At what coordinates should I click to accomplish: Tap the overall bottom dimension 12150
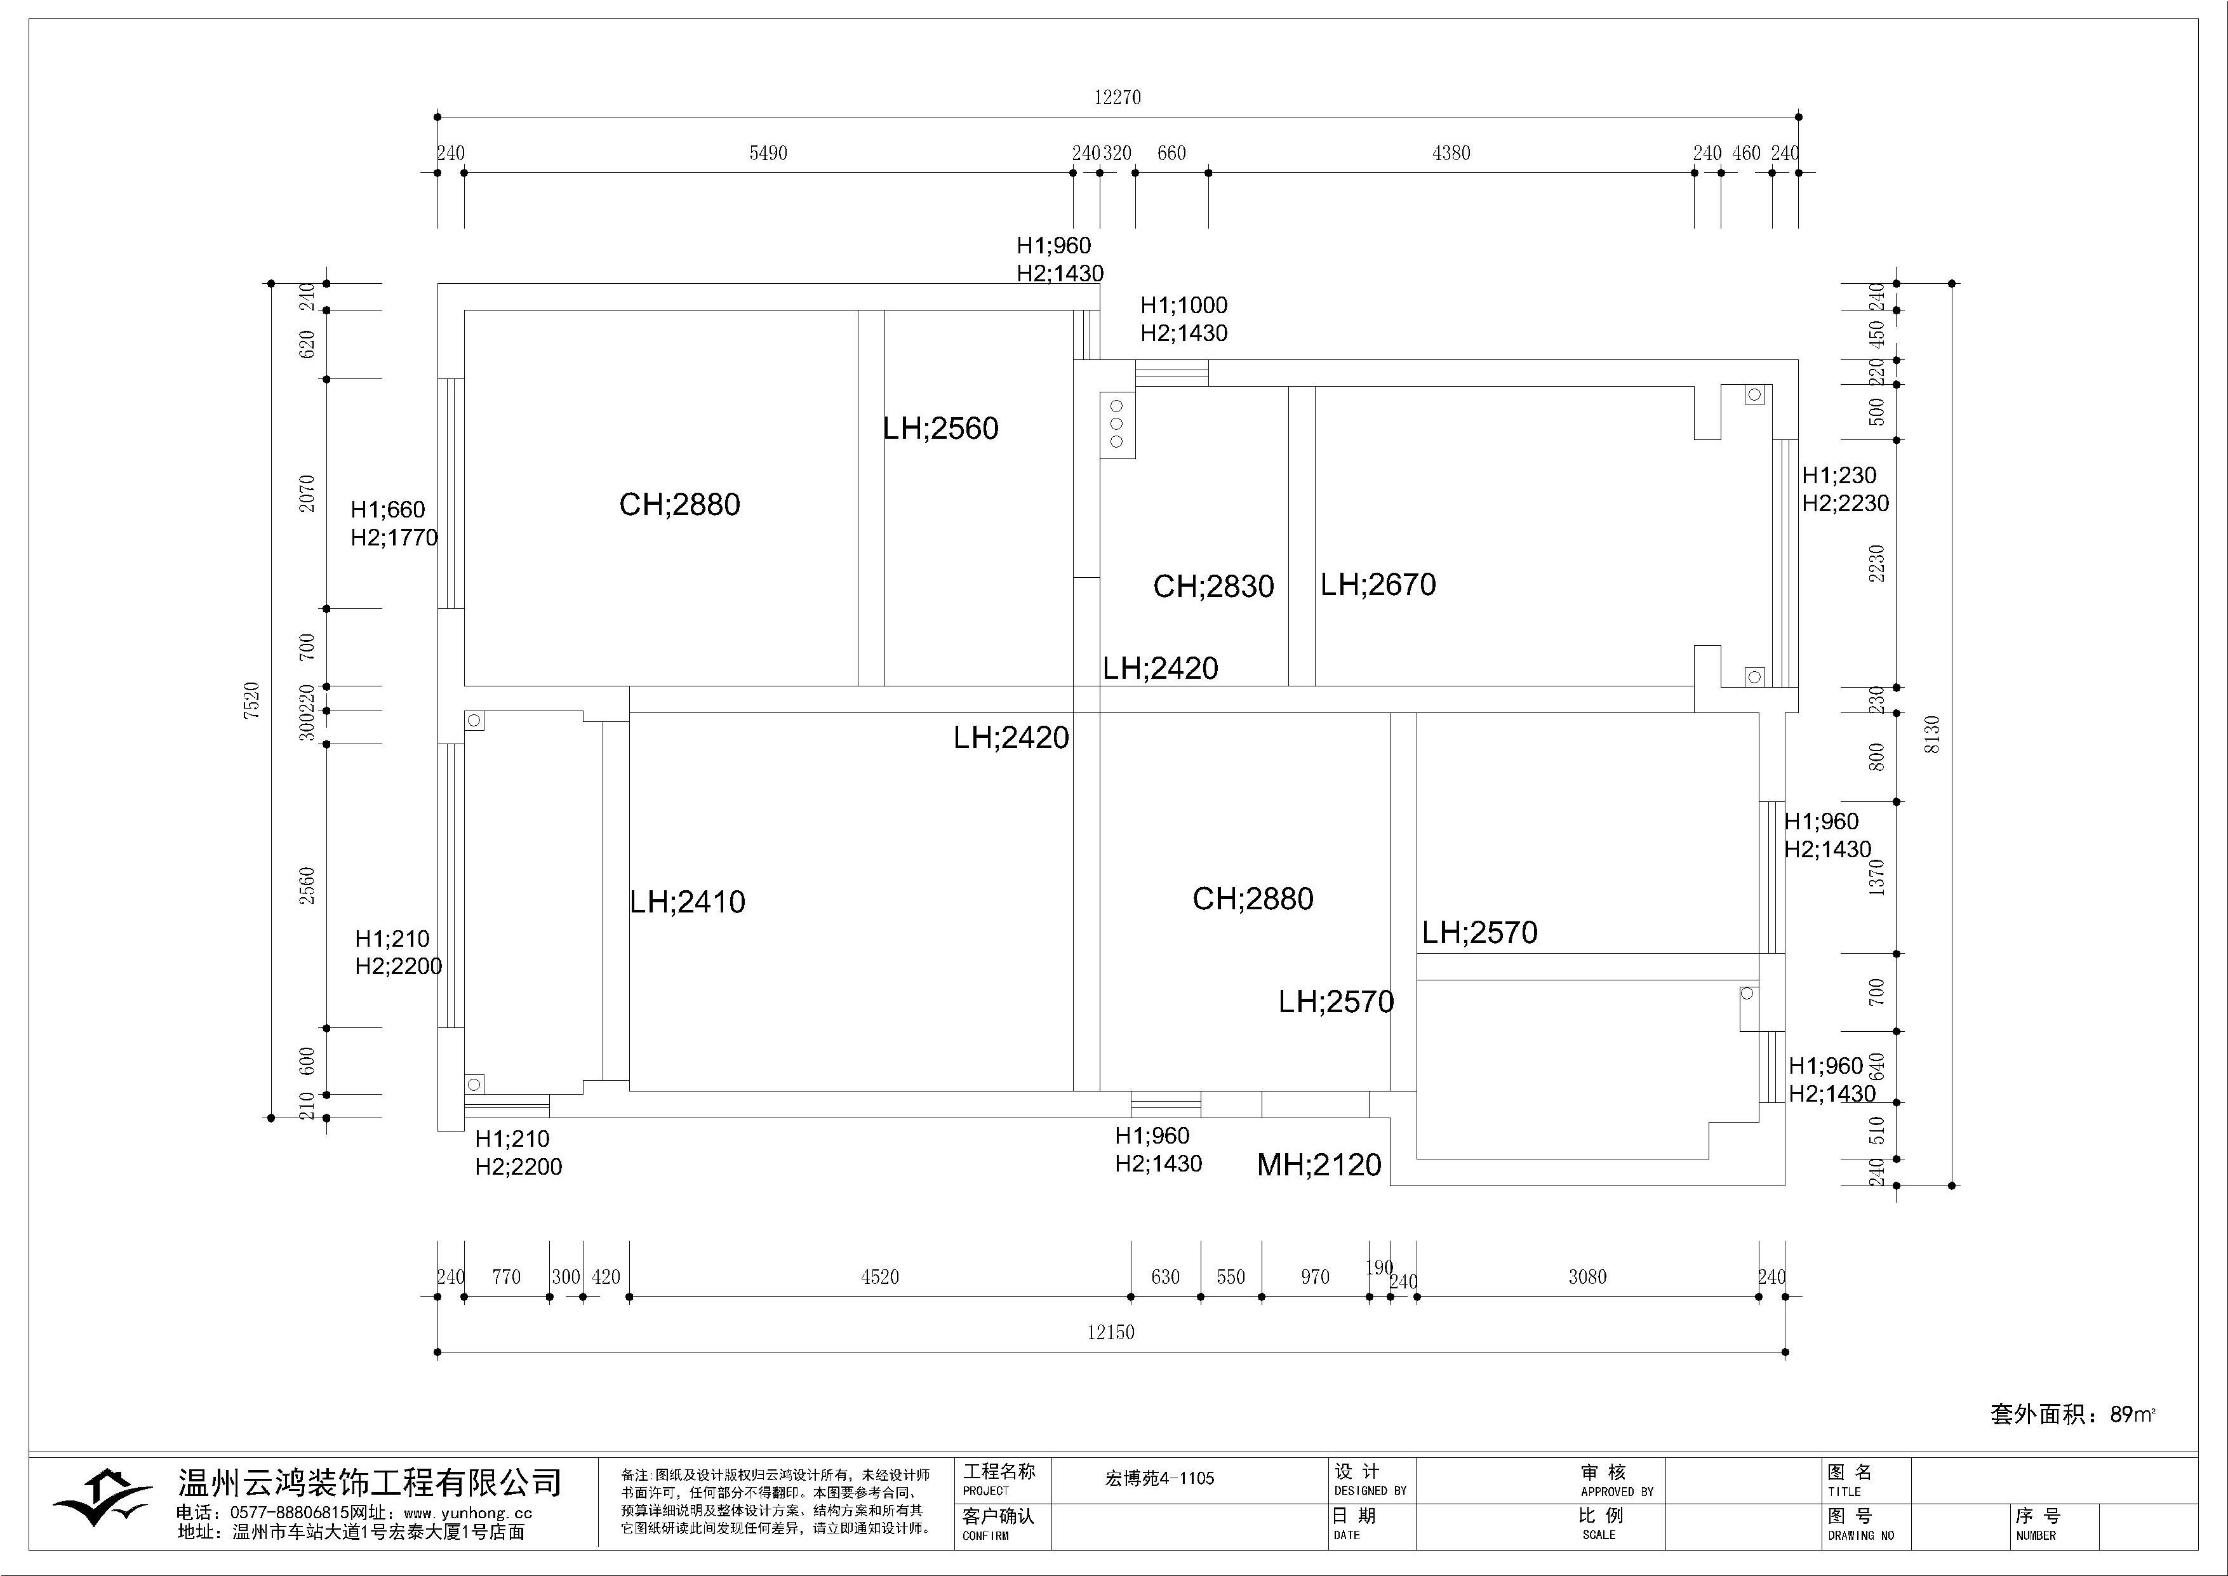[1110, 1332]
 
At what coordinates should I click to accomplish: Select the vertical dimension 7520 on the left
[252, 700]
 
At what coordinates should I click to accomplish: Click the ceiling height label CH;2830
[1213, 586]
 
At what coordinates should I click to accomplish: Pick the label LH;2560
[940, 428]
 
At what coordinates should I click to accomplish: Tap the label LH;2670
[1378, 584]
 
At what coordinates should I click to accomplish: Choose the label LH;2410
[687, 902]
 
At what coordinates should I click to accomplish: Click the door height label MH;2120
[1319, 1165]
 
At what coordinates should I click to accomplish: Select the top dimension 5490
[768, 153]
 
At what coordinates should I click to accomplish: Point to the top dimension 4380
[1451, 153]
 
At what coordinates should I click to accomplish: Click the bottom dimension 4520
[879, 1277]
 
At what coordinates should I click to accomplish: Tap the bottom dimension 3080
[1587, 1277]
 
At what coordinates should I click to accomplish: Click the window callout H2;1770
[394, 538]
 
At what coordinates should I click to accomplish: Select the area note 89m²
[2132, 1415]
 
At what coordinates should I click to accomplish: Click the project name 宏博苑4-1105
[1159, 1479]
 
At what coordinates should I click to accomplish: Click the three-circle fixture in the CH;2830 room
[1117, 424]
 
